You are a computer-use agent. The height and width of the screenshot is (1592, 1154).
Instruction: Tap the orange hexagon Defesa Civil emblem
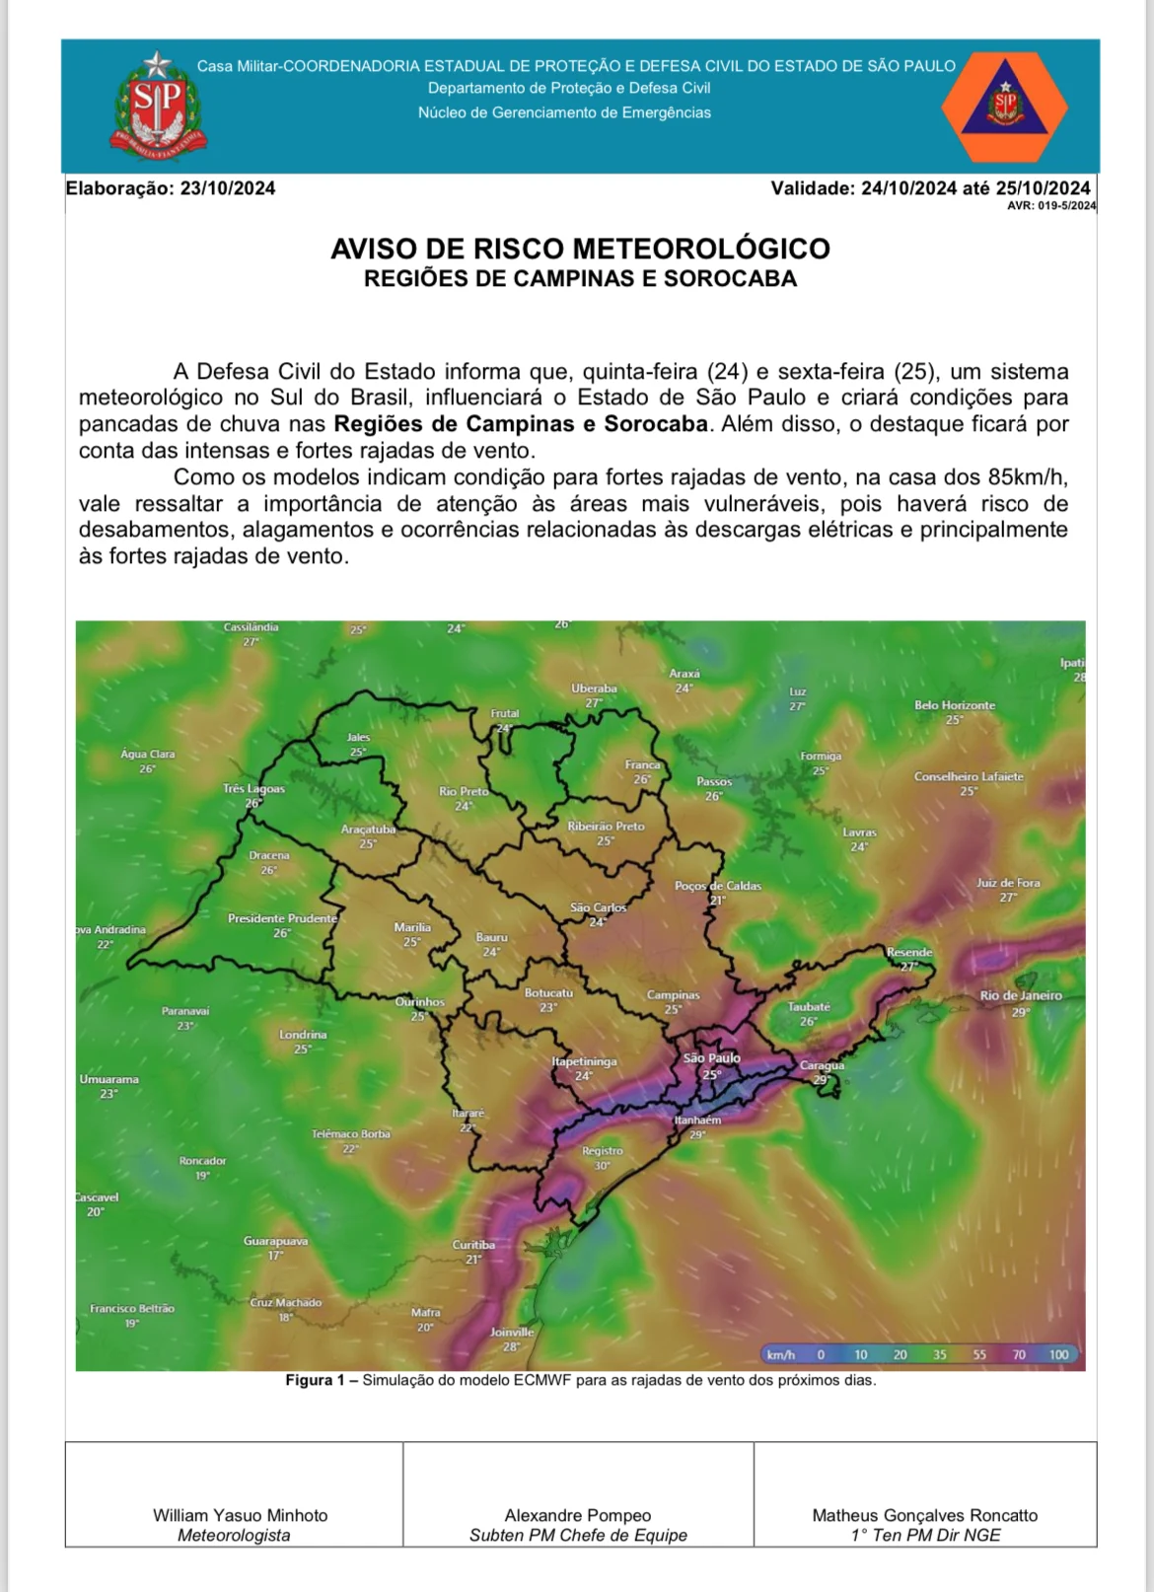tap(1004, 108)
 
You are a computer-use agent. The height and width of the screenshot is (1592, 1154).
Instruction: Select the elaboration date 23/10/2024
tap(227, 188)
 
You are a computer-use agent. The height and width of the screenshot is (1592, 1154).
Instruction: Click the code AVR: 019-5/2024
tap(1050, 206)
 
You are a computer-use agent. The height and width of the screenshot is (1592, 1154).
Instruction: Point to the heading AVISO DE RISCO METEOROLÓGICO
tap(580, 249)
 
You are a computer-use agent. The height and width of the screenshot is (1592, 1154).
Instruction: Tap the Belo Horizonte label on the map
tap(954, 705)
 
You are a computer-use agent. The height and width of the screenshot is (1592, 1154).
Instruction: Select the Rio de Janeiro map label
tap(1021, 995)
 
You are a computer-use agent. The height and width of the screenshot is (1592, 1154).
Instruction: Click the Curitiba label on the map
tap(473, 1245)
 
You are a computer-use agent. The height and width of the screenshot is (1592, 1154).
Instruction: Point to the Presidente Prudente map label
tap(282, 918)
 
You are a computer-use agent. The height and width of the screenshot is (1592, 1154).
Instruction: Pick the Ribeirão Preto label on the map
tap(606, 827)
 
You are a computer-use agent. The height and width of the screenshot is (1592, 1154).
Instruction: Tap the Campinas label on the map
tap(673, 995)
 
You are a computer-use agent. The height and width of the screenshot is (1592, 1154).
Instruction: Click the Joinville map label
tap(512, 1332)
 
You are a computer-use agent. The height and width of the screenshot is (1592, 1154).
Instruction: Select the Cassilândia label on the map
tap(251, 627)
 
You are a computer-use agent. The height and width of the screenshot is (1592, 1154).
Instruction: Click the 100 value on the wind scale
tap(1058, 1354)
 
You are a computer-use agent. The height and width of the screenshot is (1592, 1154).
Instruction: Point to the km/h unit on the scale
tap(781, 1354)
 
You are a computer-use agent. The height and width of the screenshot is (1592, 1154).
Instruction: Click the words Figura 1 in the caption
tap(309, 1380)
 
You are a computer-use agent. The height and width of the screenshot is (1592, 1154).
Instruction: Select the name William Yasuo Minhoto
tap(240, 1515)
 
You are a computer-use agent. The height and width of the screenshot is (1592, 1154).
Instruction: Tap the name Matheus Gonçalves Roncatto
tap(924, 1515)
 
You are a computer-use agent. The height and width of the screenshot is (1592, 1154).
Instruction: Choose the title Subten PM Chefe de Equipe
tap(578, 1535)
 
